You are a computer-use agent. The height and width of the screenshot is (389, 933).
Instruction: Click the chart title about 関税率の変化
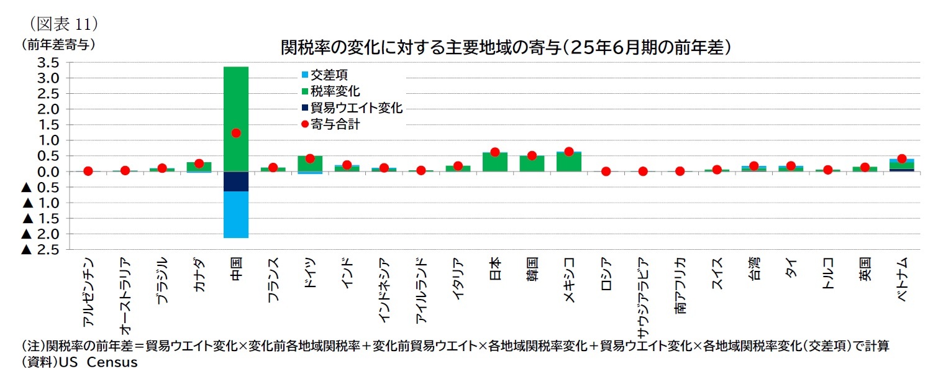[x=504, y=47]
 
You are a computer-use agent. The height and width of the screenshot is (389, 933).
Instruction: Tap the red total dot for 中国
[x=235, y=133]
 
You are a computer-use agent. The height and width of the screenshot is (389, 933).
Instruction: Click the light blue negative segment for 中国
[x=235, y=214]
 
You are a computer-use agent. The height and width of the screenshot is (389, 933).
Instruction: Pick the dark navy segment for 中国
[x=235, y=181]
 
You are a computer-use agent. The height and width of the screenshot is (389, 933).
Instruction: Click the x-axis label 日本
[x=495, y=267]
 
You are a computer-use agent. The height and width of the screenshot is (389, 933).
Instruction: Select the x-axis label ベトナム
[x=903, y=279]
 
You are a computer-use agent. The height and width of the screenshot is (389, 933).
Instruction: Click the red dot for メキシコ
[x=568, y=152]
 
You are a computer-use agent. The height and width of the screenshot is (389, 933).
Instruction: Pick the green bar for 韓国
[x=532, y=163]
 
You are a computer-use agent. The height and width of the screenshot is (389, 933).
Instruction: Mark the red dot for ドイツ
[x=309, y=158]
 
